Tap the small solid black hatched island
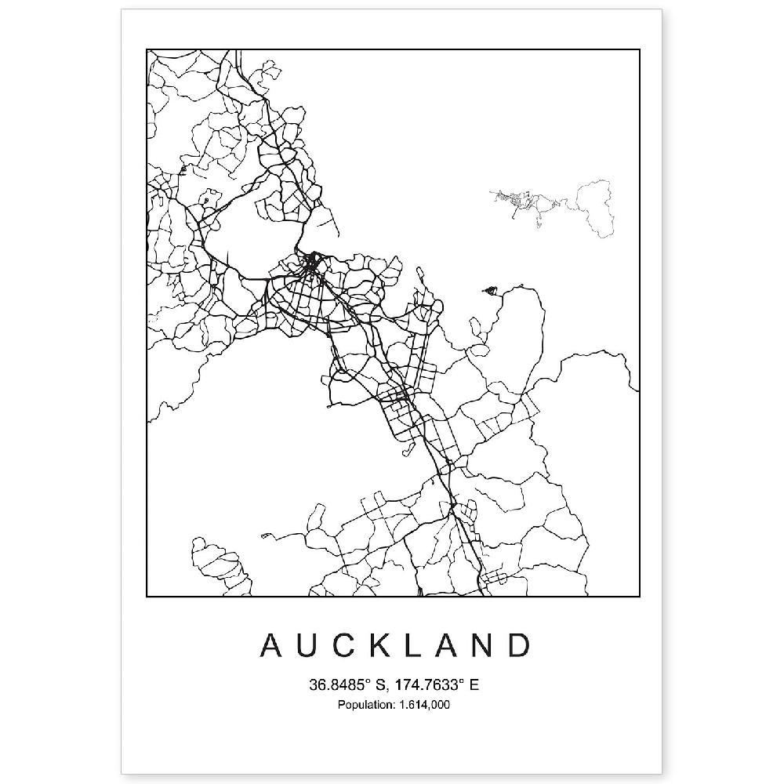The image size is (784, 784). click(492, 292)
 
